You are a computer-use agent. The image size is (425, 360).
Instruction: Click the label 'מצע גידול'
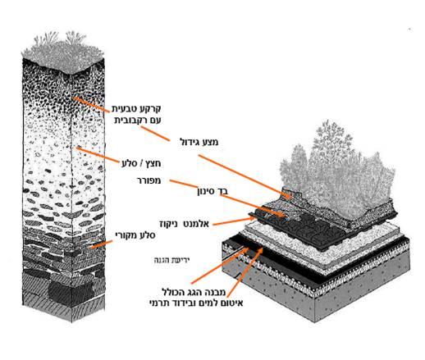pos(199,142)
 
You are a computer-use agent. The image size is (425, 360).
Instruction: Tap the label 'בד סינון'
pos(212,191)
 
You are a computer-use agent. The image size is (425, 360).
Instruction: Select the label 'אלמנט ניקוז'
pos(184,224)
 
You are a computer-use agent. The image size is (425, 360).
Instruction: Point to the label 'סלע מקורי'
pos(135,235)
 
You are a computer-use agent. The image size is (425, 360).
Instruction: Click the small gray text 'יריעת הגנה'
pos(171,260)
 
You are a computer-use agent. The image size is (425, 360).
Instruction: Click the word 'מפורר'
pos(149,180)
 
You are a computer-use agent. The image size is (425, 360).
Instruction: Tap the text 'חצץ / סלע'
pos(141,163)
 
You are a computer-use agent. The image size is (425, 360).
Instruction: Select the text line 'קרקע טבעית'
pos(136,109)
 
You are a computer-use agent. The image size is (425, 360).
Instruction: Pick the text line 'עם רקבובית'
pos(137,121)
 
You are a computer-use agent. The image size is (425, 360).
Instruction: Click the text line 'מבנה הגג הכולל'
pos(194,292)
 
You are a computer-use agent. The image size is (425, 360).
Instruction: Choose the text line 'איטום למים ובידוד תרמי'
pos(196,303)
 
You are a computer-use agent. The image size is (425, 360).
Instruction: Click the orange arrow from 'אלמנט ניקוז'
pos(234,221)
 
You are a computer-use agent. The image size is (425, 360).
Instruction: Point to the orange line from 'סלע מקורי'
pos(102,244)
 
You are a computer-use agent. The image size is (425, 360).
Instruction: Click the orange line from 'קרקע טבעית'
pos(90,104)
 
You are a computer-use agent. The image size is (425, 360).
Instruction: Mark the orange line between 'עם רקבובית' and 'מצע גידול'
pos(155,134)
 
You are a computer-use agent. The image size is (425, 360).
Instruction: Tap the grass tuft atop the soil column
pos(62,52)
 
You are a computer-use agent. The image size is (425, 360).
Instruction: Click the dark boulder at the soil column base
pos(71,293)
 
